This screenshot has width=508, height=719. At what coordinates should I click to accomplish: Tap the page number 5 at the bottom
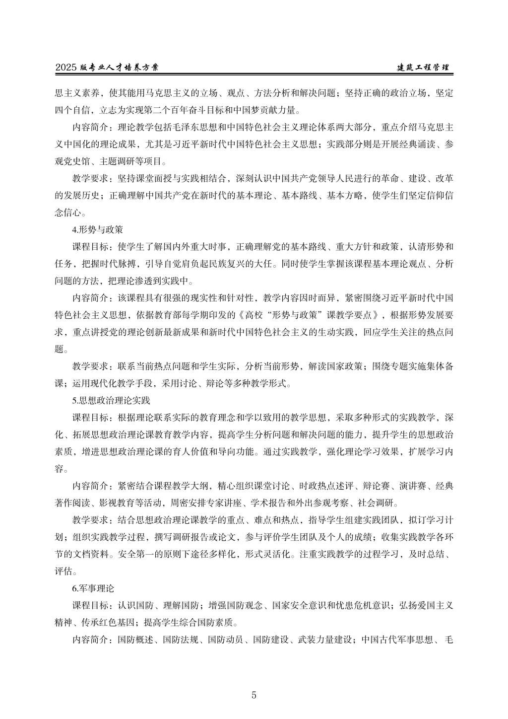click(x=254, y=695)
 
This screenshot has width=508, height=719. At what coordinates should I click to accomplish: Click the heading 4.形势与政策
click(x=97, y=230)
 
